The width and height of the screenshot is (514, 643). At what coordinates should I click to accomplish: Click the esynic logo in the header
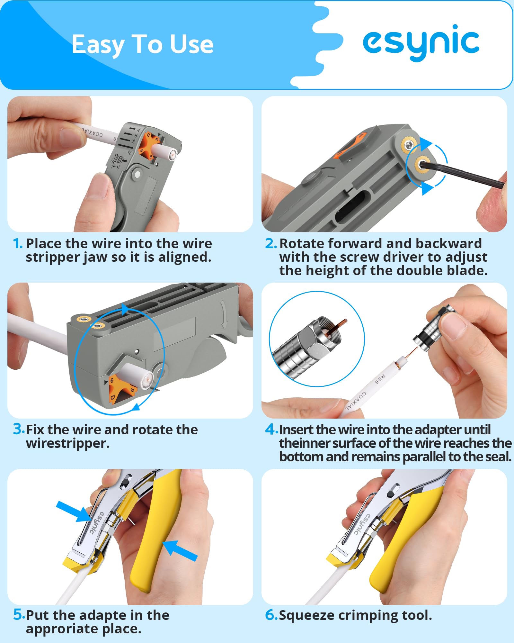(421, 43)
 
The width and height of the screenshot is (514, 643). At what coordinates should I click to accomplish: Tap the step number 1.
(17, 243)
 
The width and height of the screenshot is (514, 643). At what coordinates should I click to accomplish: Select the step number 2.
(270, 243)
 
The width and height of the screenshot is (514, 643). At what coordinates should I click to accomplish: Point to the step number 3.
(18, 429)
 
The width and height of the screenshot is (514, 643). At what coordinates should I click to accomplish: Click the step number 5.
(19, 614)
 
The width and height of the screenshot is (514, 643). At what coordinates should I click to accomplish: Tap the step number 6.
(271, 615)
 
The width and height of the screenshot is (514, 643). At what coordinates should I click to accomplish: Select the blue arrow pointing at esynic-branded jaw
(74, 511)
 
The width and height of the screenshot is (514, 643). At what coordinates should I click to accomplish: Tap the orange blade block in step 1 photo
(149, 145)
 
